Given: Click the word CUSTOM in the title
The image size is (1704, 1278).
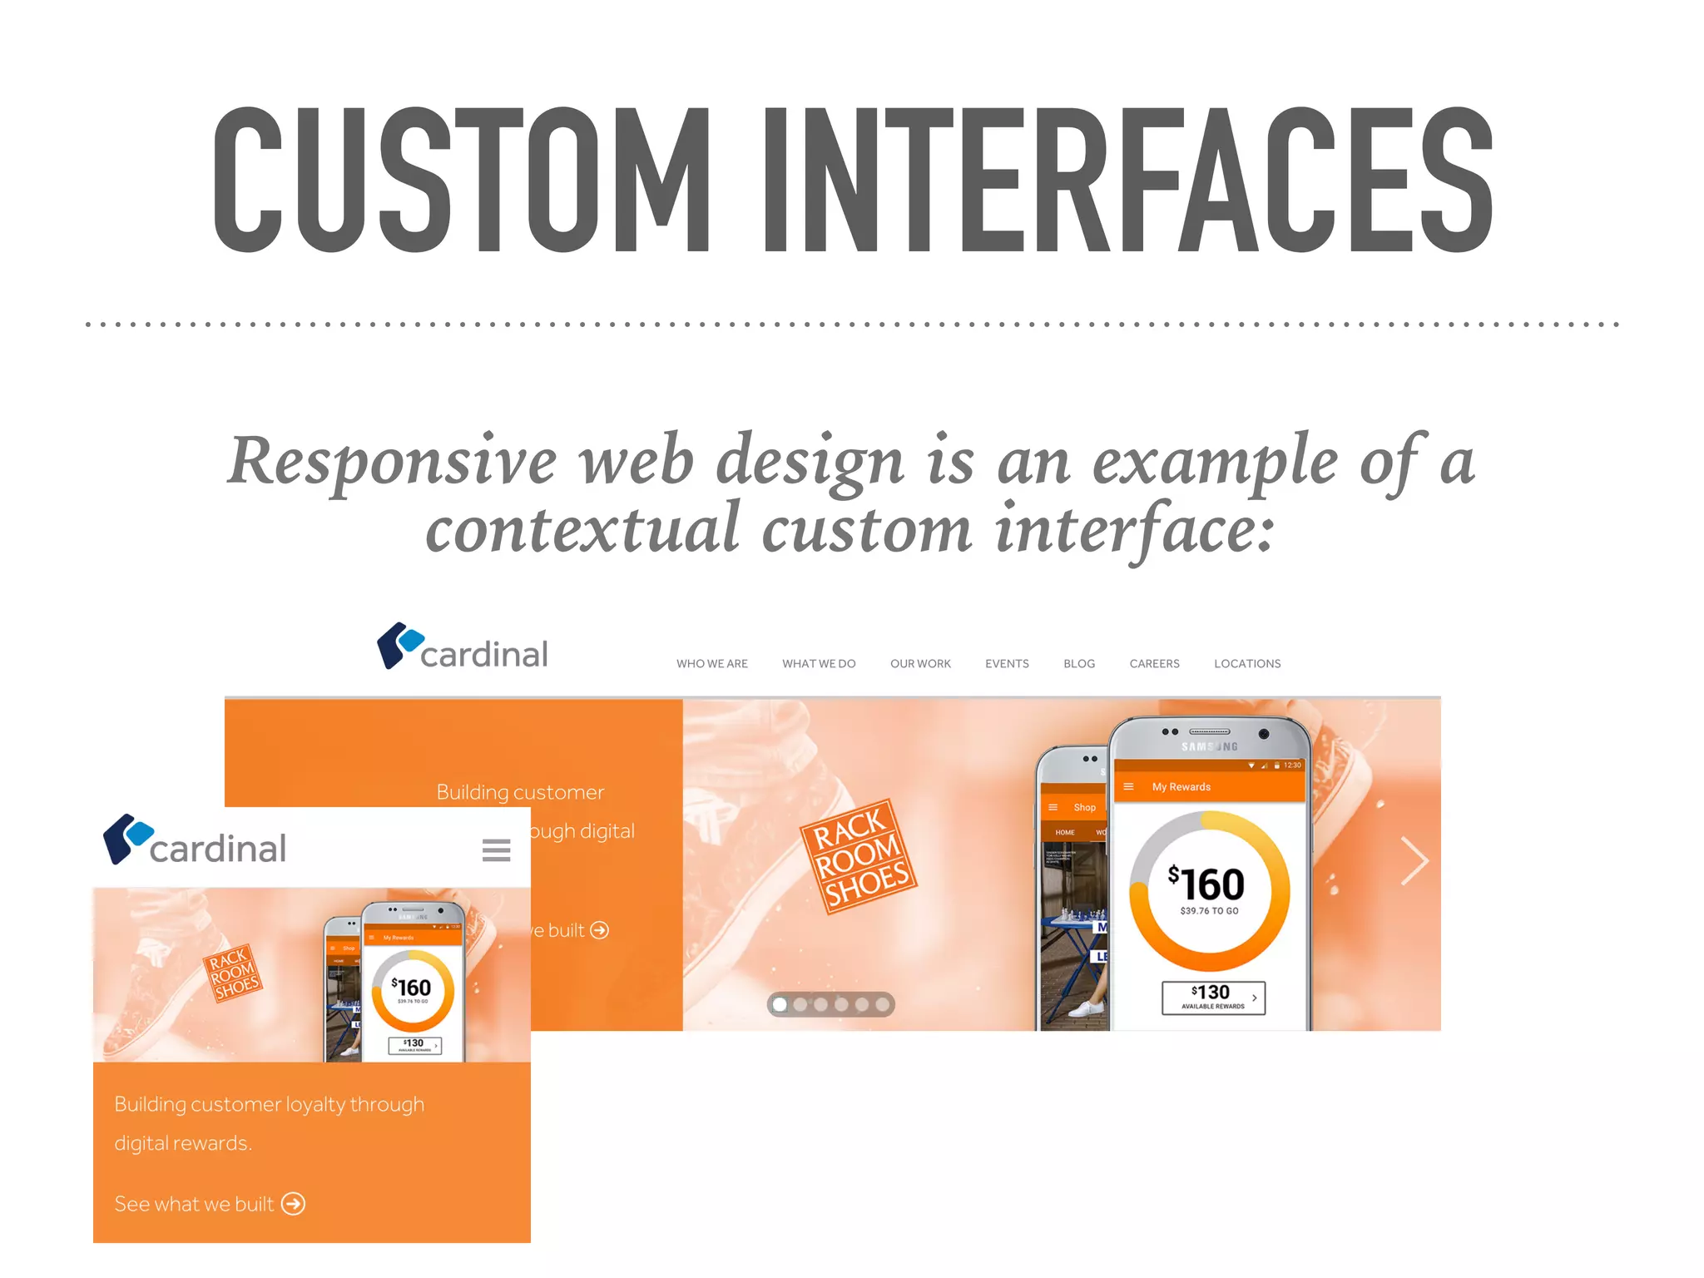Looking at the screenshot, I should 462,180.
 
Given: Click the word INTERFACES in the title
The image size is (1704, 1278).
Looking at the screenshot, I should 1128,180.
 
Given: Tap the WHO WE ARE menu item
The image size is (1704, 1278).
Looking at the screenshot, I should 711,664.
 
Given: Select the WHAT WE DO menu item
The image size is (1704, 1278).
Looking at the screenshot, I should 819,664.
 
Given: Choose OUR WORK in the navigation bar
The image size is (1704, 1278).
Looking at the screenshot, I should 920,664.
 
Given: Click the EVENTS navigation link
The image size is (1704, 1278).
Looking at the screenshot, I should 1007,664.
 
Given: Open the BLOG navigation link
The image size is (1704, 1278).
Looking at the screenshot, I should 1079,664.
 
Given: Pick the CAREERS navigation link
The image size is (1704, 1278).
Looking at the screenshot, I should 1154,664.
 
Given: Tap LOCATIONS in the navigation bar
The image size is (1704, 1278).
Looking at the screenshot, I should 1247,664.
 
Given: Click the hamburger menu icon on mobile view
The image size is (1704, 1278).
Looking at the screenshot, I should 497,850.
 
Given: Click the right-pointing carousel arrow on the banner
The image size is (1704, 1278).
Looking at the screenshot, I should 1414,861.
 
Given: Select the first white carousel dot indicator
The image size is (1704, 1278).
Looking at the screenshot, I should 780,1004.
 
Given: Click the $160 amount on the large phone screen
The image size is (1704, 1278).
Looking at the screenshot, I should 1207,884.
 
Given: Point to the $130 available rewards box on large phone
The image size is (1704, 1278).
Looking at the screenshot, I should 1213,997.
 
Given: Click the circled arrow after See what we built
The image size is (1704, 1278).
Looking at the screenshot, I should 293,1204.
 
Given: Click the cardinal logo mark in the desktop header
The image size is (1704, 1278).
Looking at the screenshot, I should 399,645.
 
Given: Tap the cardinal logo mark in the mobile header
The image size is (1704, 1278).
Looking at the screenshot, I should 127,838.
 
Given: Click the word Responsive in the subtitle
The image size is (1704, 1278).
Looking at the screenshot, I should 392,462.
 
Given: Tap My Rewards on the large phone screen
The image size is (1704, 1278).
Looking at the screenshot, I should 1181,787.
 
